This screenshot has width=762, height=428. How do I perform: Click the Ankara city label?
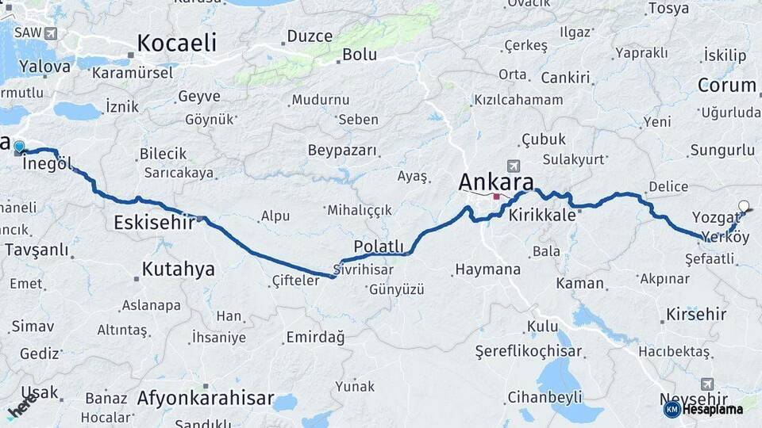pos(496,182)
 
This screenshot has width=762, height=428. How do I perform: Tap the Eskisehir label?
pos(154,222)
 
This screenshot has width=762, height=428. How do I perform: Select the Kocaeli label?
pos(176,43)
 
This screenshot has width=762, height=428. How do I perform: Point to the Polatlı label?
pos(379,246)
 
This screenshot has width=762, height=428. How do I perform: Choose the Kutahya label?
pos(178,269)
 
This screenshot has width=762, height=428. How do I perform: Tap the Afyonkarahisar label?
pos(206,398)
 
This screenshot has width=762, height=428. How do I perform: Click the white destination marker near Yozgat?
pos(744,206)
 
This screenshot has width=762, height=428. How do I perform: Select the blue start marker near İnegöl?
pos(19,146)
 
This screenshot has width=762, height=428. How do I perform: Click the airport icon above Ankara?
pos(514,166)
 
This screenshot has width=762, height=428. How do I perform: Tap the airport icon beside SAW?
pos(51,33)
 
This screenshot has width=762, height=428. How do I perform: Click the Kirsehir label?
pos(696,314)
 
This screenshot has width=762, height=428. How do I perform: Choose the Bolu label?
pos(359,55)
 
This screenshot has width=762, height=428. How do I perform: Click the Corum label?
pos(727,85)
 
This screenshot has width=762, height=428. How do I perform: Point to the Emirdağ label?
pos(315,338)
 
